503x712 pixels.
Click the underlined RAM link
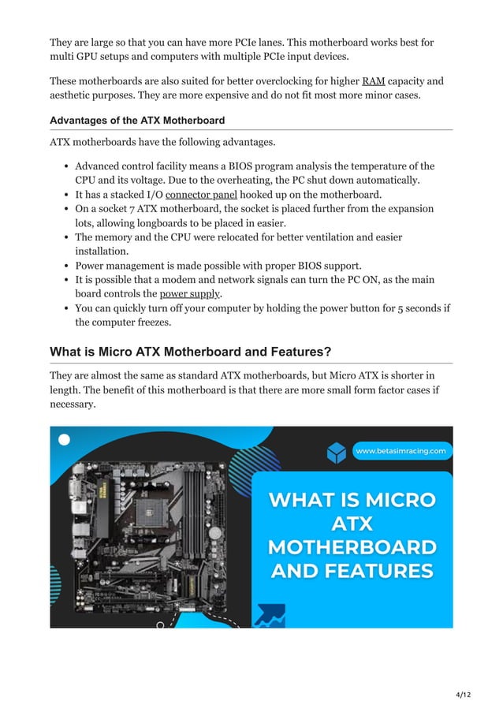click(x=373, y=81)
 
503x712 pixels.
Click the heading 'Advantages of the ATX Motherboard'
click(x=137, y=121)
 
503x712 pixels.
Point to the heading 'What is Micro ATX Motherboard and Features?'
click(x=201, y=351)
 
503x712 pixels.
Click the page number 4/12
click(x=463, y=694)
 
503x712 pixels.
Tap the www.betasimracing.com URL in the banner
click(x=401, y=452)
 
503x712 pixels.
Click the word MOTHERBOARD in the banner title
click(x=352, y=546)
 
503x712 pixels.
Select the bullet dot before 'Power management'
click(x=66, y=266)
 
